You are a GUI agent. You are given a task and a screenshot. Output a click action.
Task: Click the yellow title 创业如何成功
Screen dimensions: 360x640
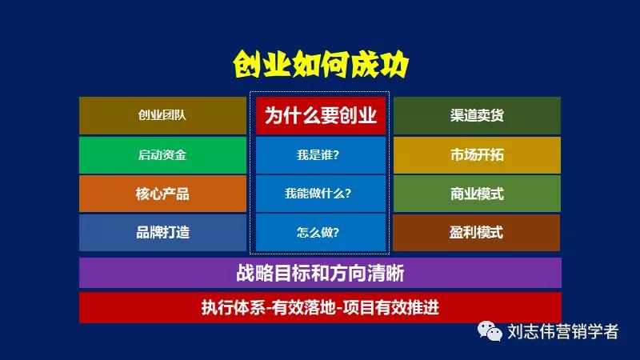point(320,63)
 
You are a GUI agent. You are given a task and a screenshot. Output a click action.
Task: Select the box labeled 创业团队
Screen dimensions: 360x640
point(162,115)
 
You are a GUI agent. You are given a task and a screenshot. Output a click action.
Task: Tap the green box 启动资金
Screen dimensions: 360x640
point(162,154)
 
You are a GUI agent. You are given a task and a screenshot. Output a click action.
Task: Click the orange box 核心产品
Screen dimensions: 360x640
point(162,194)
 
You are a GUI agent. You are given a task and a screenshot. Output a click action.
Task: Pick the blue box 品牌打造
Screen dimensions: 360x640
point(162,233)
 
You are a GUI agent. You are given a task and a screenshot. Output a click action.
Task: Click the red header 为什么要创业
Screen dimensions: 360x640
point(320,115)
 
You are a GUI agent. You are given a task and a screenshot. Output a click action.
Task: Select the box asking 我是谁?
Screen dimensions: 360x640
point(320,154)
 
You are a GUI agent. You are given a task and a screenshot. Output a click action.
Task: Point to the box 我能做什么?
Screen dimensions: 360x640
point(320,194)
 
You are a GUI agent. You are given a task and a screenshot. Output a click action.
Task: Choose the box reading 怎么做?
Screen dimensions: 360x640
point(320,233)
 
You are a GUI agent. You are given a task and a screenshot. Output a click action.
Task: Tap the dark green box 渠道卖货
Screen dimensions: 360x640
point(477,115)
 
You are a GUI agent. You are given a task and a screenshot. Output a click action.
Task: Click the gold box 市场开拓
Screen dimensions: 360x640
point(477,154)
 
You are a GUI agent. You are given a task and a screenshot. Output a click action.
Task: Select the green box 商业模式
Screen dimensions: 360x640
point(477,194)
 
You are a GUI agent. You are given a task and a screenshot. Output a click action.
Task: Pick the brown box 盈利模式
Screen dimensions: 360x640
point(477,233)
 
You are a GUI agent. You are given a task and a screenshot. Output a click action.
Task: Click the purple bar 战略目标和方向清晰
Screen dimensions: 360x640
point(320,273)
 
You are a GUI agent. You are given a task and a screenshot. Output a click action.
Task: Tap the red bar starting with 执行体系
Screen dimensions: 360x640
point(320,308)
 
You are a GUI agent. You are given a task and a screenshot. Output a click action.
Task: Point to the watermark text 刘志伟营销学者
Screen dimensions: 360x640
point(563,331)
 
